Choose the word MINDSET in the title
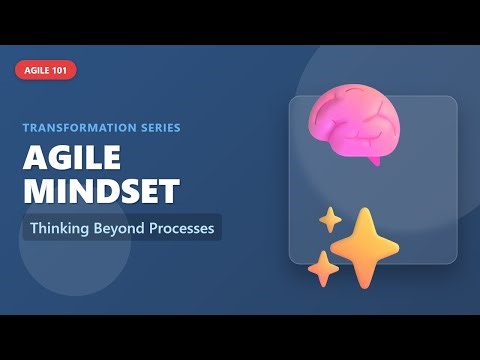click(100, 190)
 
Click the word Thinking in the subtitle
click(58, 228)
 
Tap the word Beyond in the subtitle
click(121, 228)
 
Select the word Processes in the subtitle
click(182, 228)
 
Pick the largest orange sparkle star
click(364, 246)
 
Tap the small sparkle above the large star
click(330, 219)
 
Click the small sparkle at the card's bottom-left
click(322, 267)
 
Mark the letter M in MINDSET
click(37, 190)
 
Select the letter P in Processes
click(153, 228)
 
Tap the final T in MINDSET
click(170, 190)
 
